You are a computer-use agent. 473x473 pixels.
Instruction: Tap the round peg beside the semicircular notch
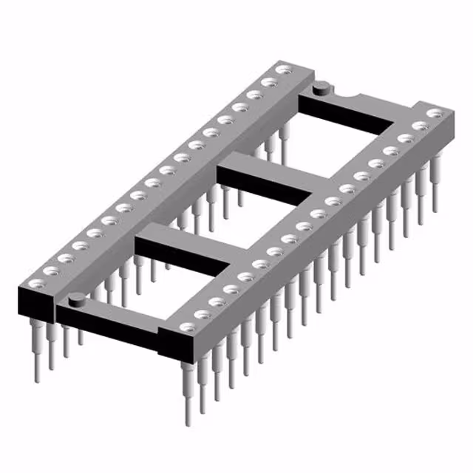point(320,89)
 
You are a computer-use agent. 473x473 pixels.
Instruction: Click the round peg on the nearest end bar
point(75,299)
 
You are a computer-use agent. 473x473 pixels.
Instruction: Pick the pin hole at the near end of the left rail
point(50,270)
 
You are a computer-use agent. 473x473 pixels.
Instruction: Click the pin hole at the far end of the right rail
point(436,113)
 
